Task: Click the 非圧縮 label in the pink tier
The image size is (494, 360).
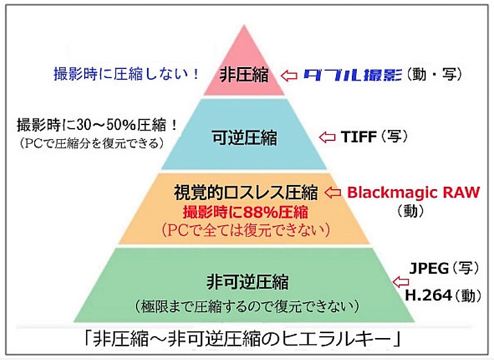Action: pyautogui.click(x=245, y=75)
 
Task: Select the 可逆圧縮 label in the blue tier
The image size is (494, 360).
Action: pyautogui.click(x=245, y=138)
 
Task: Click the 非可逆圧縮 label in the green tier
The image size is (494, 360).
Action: pyautogui.click(x=247, y=283)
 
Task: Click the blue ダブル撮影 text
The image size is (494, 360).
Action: pyautogui.click(x=352, y=75)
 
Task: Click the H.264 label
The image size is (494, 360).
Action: pyautogui.click(x=429, y=296)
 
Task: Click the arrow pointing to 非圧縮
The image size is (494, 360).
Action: pyautogui.click(x=289, y=75)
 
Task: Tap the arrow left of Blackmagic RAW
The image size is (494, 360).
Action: pyautogui.click(x=332, y=193)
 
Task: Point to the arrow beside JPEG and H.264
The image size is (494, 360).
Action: pyautogui.click(x=401, y=282)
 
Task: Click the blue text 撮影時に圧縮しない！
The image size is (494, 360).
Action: pyautogui.click(x=126, y=75)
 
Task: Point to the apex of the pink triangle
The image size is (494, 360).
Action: pyautogui.click(x=245, y=26)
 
